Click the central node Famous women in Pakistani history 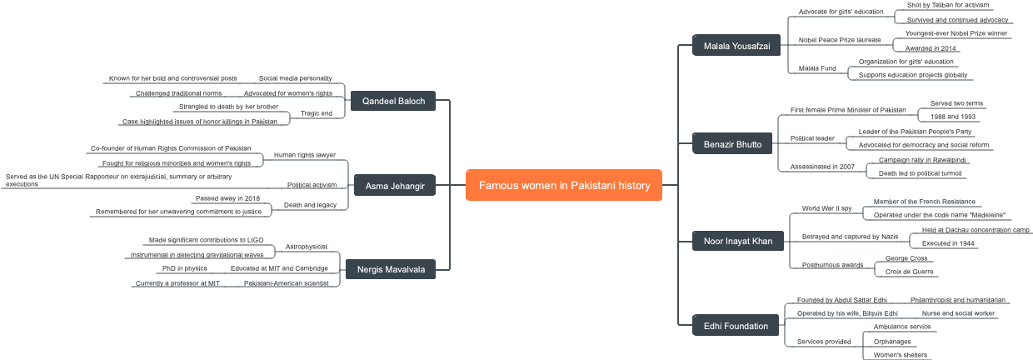point(564,185)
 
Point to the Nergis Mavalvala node point(391,269)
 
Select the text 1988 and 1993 point(953,117)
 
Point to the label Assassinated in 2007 point(822,167)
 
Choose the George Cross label point(906,258)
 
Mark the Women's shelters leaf point(900,355)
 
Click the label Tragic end point(317,113)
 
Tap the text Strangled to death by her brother point(228,107)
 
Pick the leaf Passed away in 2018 point(227,198)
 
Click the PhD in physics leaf point(185,268)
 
